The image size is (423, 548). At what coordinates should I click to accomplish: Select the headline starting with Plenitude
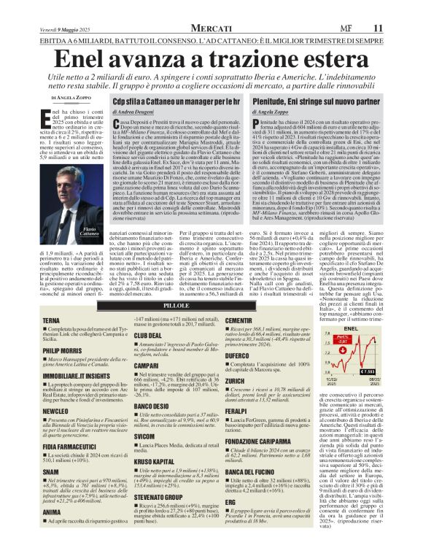tap(314, 100)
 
